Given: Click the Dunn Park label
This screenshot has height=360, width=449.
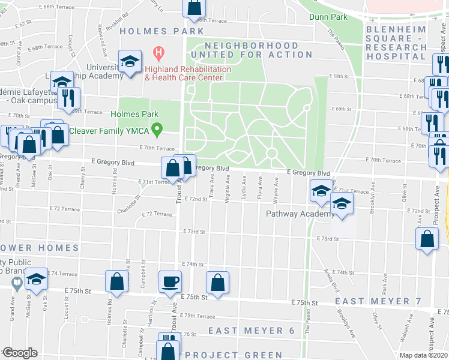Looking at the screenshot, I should pos(328,17).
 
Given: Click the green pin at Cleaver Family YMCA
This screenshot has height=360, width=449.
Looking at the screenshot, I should pos(158,128).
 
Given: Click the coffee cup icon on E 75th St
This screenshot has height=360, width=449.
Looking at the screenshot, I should pos(171,281).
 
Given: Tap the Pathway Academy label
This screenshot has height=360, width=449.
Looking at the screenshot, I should pos(301,214).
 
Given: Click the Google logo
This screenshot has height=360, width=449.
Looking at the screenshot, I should pos(19,353).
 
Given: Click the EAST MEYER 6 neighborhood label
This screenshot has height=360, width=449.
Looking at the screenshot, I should pos(251,331).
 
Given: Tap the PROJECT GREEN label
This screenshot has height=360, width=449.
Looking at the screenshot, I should pos(234,355).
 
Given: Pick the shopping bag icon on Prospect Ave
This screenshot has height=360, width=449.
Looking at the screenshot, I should pos(426,239).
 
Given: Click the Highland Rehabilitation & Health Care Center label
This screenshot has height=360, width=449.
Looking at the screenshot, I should pos(188,73).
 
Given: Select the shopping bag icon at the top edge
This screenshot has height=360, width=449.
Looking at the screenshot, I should pos(194,8).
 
